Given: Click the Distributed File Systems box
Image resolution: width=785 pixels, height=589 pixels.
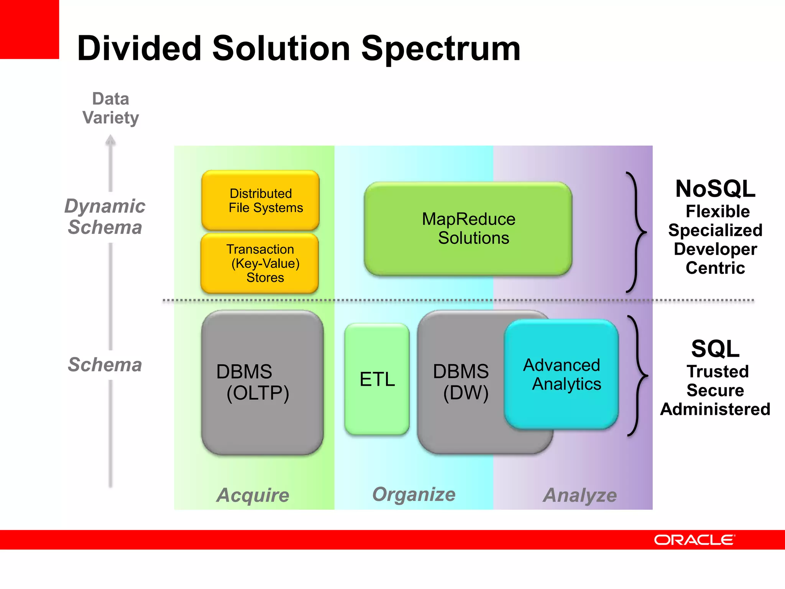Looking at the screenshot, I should pyautogui.click(x=260, y=200).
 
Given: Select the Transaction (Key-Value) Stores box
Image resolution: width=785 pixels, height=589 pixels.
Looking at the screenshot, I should pyautogui.click(x=260, y=263).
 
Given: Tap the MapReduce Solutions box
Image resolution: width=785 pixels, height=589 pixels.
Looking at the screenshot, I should pyautogui.click(x=468, y=229).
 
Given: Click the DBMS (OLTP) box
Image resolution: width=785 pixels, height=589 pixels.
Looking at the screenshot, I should pyautogui.click(x=262, y=382).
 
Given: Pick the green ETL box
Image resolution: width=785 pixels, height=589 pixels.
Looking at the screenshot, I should pyautogui.click(x=377, y=379).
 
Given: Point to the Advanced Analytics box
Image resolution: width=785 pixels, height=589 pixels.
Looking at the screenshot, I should pyautogui.click(x=562, y=374).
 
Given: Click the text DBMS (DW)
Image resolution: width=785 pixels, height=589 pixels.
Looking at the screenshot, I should pyautogui.click(x=461, y=382).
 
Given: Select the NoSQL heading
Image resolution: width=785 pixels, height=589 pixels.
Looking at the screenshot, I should pyautogui.click(x=715, y=189).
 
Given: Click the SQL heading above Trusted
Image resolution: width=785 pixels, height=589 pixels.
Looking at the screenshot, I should pyautogui.click(x=715, y=349).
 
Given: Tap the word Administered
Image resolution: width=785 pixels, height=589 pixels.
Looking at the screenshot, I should pyautogui.click(x=715, y=409).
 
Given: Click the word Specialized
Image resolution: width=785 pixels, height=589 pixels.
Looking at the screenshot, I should pyautogui.click(x=715, y=230).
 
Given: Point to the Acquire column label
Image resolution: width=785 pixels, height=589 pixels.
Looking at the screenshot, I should pyautogui.click(x=253, y=495).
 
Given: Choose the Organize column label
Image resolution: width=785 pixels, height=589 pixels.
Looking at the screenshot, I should pyautogui.click(x=414, y=494).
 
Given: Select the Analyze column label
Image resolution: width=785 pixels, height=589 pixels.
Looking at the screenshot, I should pyautogui.click(x=580, y=495).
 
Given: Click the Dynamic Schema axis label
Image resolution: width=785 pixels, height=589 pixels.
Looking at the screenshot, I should pyautogui.click(x=105, y=217).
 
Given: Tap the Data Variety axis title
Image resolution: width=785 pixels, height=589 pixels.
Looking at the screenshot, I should pyautogui.click(x=111, y=108).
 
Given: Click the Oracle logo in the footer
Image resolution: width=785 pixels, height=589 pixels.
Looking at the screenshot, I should pyautogui.click(x=694, y=540).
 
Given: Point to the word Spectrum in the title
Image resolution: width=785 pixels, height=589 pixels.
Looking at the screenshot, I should pyautogui.click(x=441, y=49).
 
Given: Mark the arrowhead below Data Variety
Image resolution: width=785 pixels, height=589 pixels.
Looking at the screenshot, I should pyautogui.click(x=110, y=140).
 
